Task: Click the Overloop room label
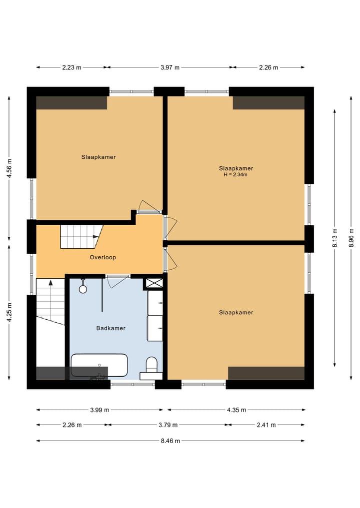point(103,258)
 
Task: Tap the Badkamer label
point(110,328)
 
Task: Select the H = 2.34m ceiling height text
point(235,175)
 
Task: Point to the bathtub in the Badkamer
point(99,365)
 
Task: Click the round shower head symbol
point(83,289)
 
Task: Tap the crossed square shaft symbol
point(152,283)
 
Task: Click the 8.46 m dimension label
point(170,441)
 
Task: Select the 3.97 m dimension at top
point(170,67)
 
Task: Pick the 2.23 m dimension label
point(71,67)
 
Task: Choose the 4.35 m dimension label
point(236,410)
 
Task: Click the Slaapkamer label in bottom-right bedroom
point(236,313)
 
